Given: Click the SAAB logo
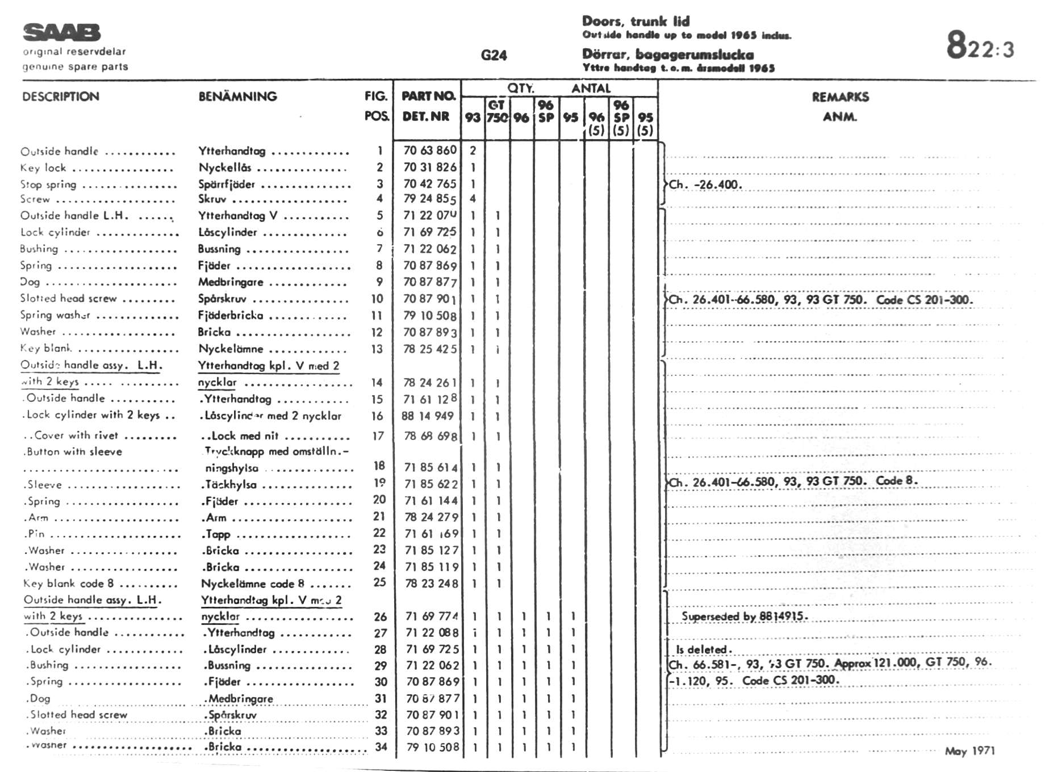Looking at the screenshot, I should (x=61, y=32).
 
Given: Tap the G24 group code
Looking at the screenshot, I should (x=493, y=55).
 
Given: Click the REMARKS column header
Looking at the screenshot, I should (x=840, y=97).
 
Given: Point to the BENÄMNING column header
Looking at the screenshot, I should (x=237, y=96).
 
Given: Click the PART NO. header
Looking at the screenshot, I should (x=428, y=96).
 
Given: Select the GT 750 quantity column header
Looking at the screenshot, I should (x=497, y=111).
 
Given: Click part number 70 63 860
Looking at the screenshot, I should (x=430, y=150).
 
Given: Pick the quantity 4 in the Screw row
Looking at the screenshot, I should (x=473, y=199).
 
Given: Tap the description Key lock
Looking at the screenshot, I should (x=43, y=168).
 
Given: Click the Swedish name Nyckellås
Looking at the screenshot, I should (x=225, y=167).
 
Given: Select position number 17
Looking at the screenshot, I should (x=378, y=436).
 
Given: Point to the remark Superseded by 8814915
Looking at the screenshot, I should (x=744, y=616).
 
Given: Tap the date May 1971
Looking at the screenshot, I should (x=969, y=751).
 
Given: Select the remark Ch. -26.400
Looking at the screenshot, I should (x=705, y=184).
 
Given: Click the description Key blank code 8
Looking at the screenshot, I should (x=69, y=584).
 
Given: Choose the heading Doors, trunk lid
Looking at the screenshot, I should (x=636, y=22).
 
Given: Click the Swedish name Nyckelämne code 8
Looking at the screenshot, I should (x=253, y=584).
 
